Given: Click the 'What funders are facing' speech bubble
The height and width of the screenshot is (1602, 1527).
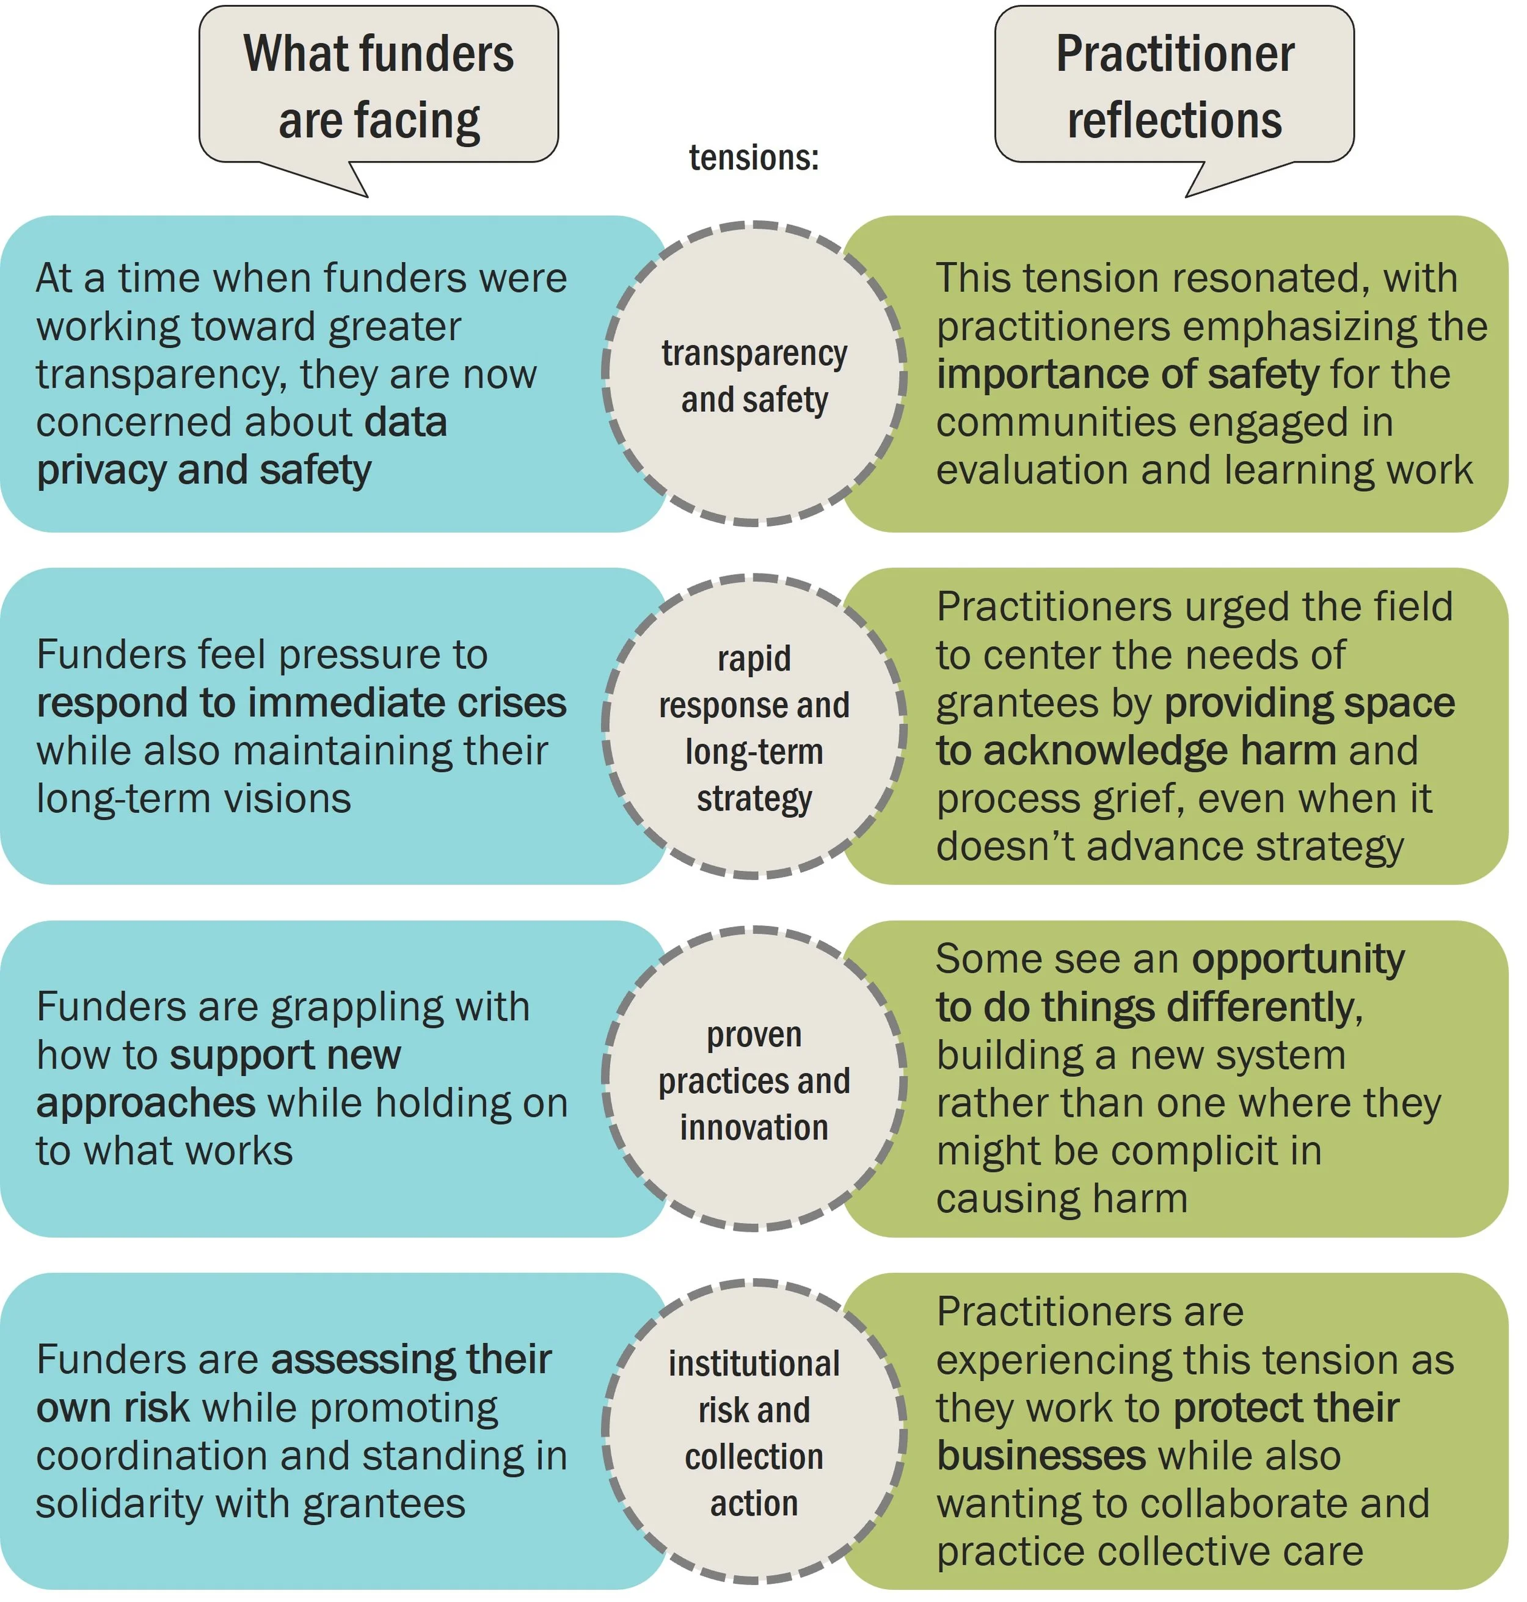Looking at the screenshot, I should tap(379, 86).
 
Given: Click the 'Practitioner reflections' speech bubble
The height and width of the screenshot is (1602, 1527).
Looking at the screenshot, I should tap(1174, 86).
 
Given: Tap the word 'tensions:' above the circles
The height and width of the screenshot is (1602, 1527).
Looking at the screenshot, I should tap(754, 157).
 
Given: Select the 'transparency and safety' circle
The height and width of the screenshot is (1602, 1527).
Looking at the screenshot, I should tap(754, 374).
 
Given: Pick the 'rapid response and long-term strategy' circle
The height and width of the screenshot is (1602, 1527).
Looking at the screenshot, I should tap(754, 727).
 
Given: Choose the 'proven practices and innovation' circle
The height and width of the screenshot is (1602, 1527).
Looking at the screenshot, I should tap(754, 1080).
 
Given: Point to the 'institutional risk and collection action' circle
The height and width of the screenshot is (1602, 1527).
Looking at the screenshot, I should tap(754, 1433).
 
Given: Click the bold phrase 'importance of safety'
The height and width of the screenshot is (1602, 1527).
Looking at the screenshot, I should tap(1128, 374).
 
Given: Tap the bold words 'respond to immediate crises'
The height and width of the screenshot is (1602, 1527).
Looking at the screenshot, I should tap(301, 702).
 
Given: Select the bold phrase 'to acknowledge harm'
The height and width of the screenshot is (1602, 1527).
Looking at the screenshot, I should tap(1135, 751).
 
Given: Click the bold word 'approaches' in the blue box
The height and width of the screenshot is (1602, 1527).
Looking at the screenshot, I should tap(146, 1104).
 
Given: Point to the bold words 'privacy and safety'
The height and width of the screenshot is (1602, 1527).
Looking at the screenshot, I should tap(203, 470).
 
